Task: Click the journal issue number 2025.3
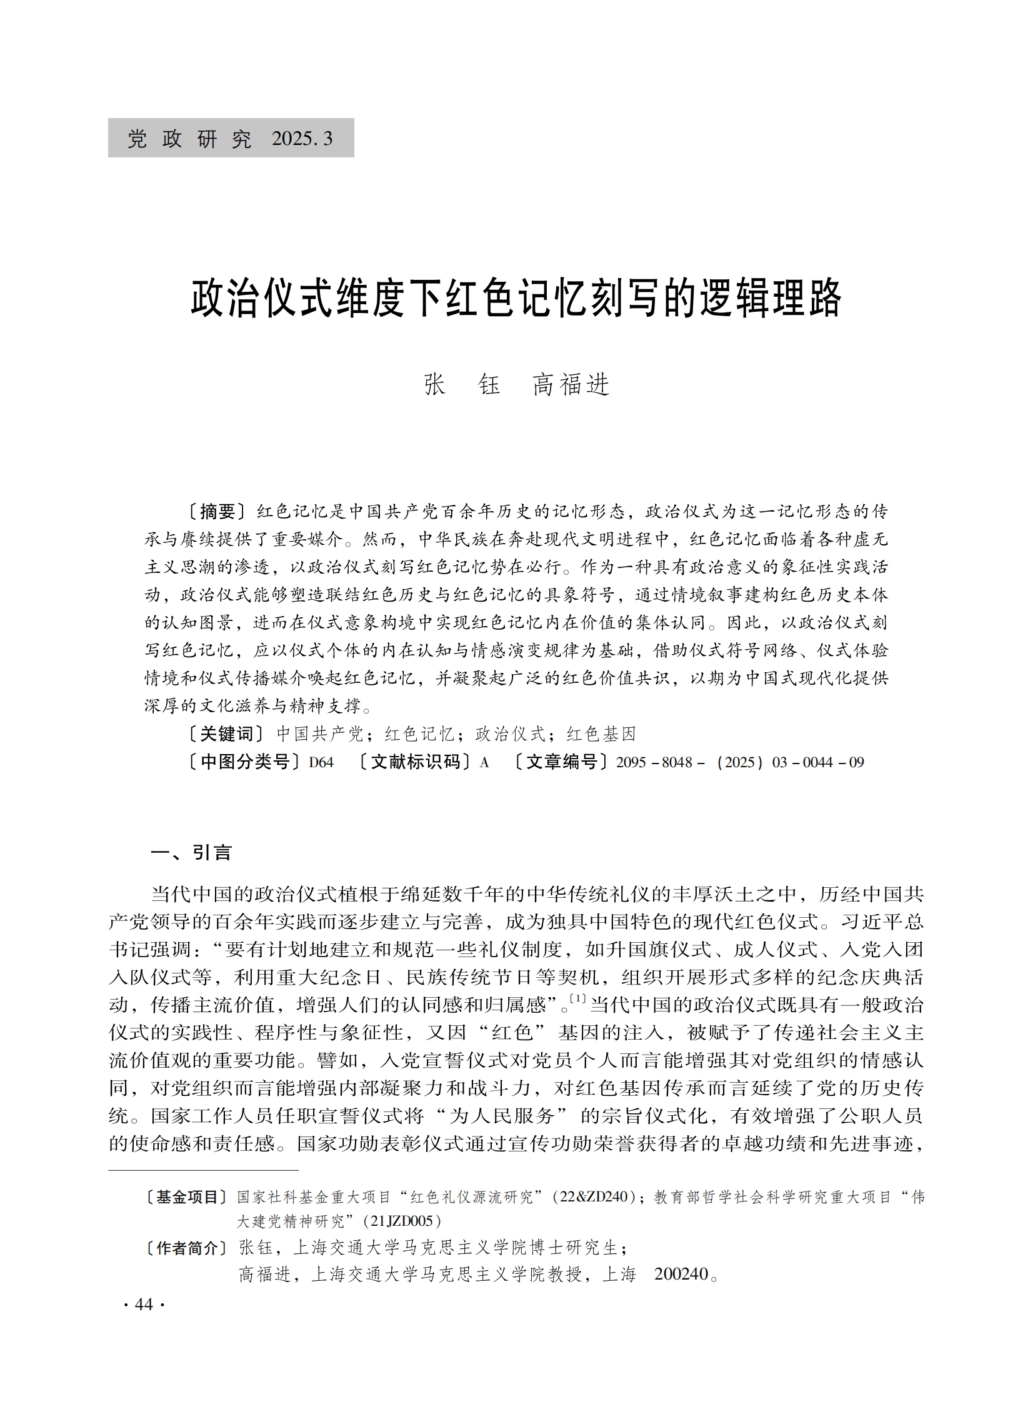pyautogui.click(x=302, y=139)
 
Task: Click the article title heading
pyautogui.click(x=516, y=299)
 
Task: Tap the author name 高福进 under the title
pyautogui.click(x=571, y=384)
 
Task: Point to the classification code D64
pyautogui.click(x=321, y=763)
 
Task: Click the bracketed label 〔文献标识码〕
pyautogui.click(x=414, y=763)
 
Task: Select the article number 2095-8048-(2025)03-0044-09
pyautogui.click(x=740, y=763)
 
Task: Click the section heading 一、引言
pyautogui.click(x=191, y=853)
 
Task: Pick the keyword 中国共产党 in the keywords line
pyautogui.click(x=319, y=734)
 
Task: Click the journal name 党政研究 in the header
pyautogui.click(x=190, y=139)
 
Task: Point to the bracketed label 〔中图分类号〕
pyautogui.click(x=239, y=763)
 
